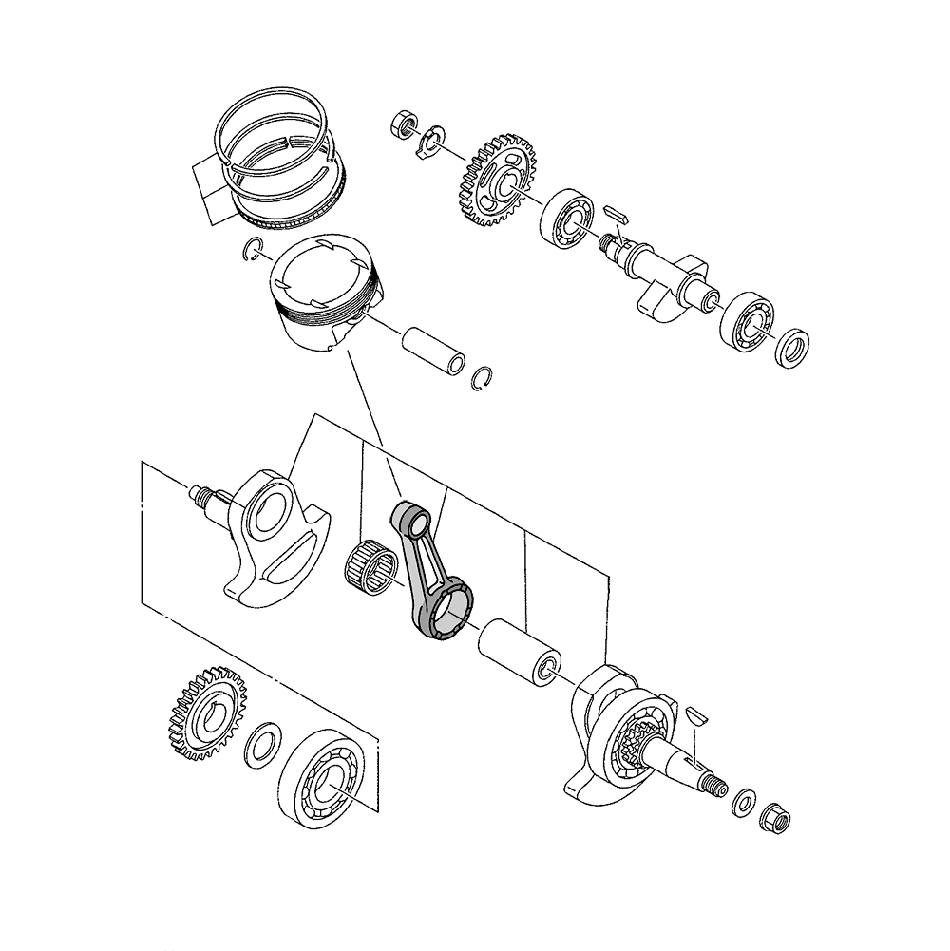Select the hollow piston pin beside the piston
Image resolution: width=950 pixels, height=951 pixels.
433,350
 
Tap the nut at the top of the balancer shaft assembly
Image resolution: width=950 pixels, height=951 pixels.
403,124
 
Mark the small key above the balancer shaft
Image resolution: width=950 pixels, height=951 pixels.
614,208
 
